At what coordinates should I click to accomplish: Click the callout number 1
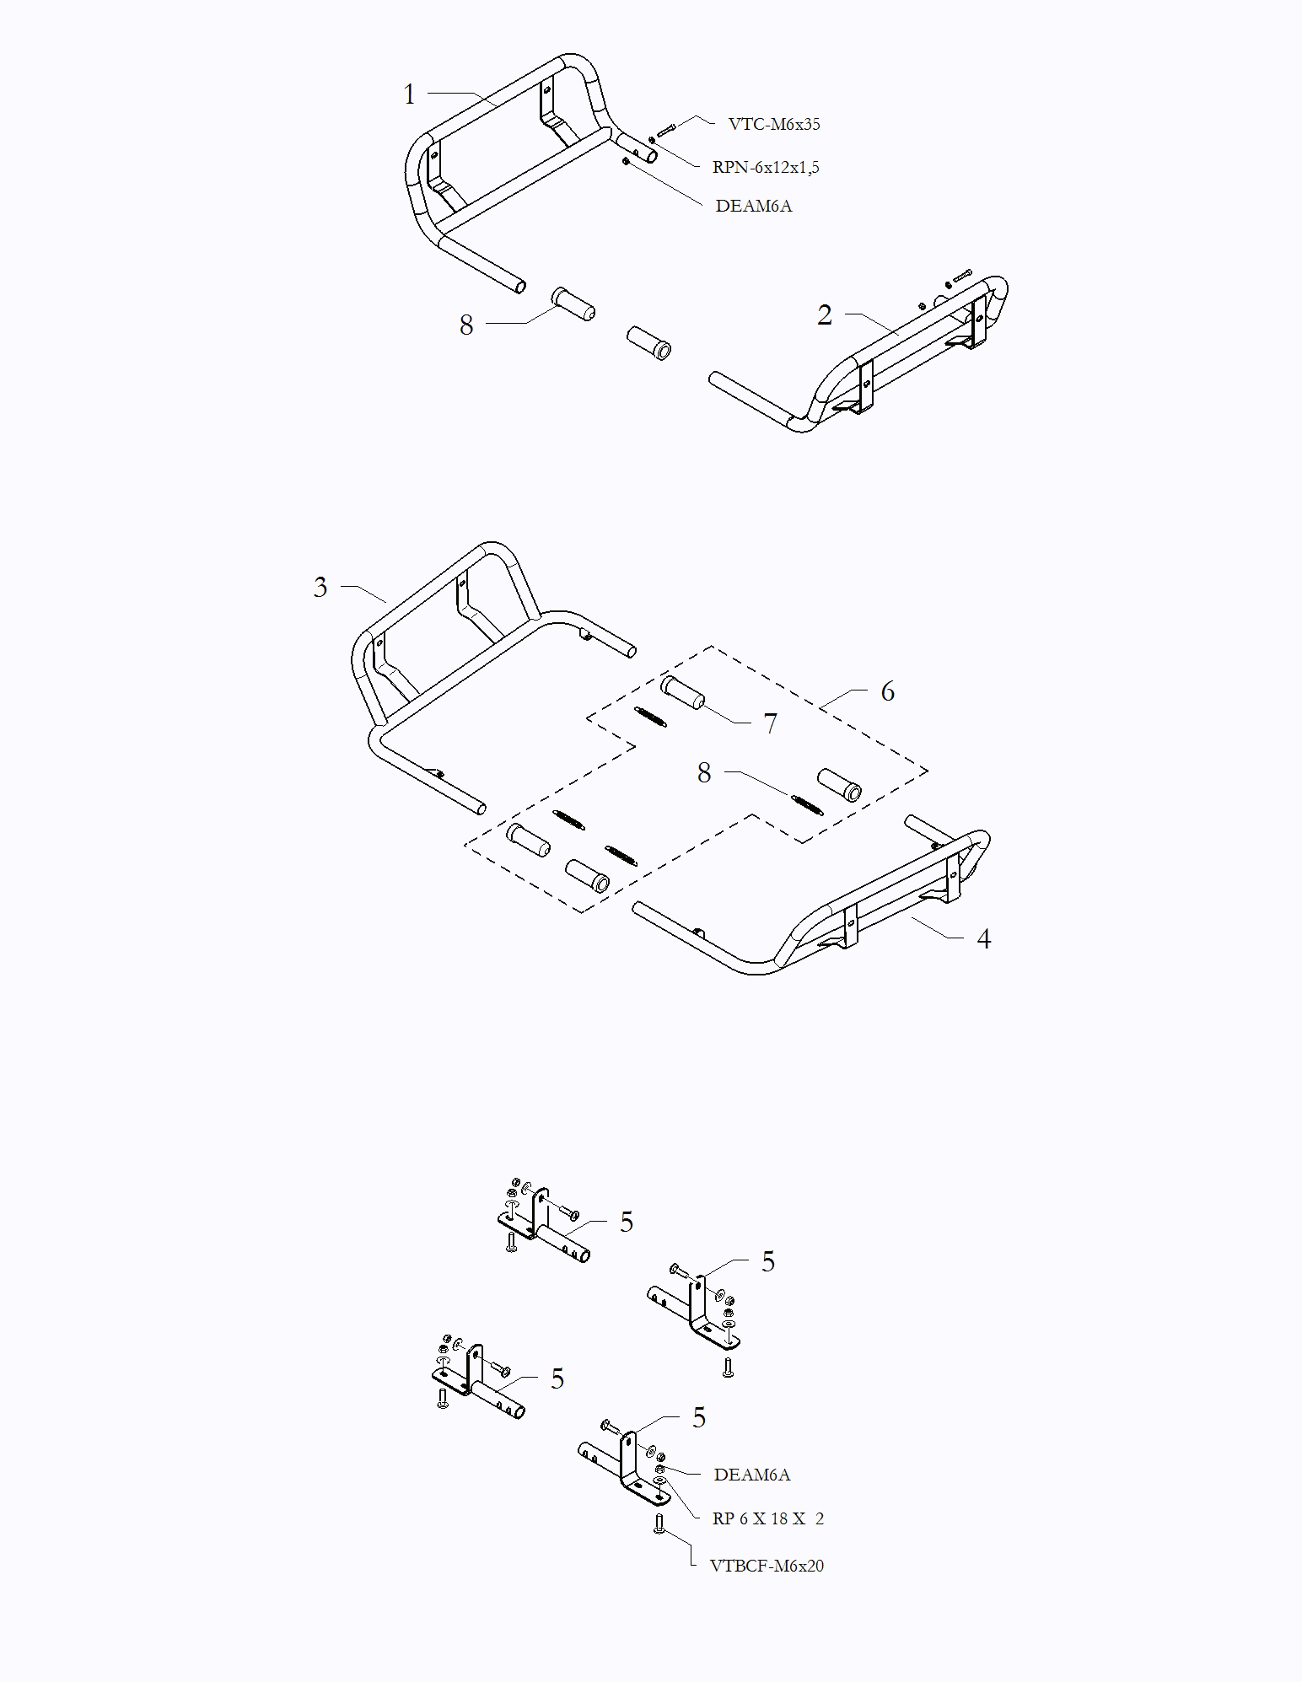coord(410,94)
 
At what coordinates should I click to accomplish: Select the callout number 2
coord(825,315)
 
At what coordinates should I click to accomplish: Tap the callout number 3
coord(320,588)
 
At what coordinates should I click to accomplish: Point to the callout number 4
coord(983,939)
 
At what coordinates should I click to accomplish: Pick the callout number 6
coord(888,692)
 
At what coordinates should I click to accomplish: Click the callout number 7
coord(770,724)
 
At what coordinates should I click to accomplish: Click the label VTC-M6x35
coord(774,124)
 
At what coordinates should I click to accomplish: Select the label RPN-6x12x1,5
coord(766,167)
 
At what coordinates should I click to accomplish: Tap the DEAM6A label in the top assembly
coord(754,206)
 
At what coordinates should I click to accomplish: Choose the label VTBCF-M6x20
coord(767,1566)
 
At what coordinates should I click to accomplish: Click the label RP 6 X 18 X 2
coord(768,1518)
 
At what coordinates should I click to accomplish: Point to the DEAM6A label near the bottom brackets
coord(752,1475)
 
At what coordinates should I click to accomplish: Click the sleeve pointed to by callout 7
coord(683,692)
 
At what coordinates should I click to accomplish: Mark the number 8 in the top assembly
coord(466,325)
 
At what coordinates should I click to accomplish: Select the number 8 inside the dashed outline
coord(704,773)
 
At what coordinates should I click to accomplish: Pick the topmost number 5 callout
coord(627,1223)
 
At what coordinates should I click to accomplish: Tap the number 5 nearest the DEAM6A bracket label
coord(699,1418)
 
